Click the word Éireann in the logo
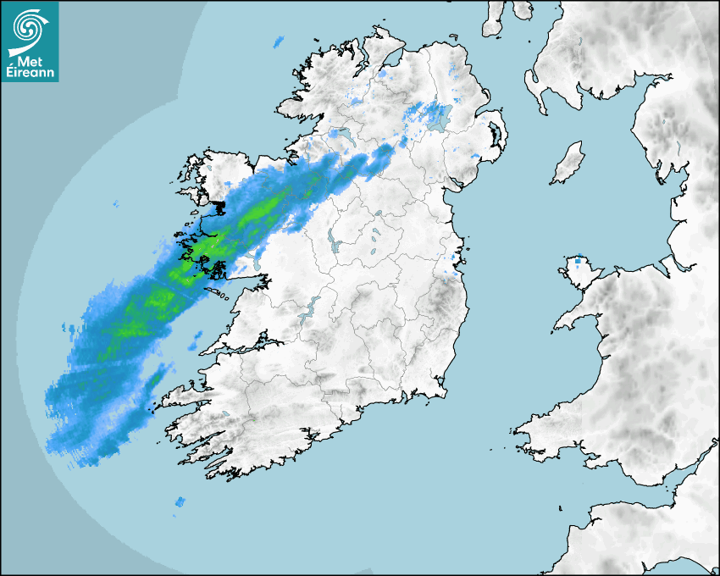[30, 73]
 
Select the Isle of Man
[568, 163]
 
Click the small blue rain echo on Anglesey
[580, 262]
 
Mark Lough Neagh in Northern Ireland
[439, 117]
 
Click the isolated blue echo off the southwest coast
[179, 501]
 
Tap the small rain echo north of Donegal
[278, 41]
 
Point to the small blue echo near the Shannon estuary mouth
[196, 342]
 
